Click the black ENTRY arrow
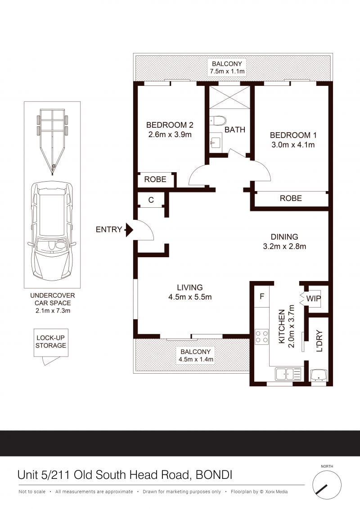tap(129, 230)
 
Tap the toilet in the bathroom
tap(218, 121)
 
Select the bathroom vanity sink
tap(216, 142)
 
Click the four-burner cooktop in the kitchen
tap(261, 336)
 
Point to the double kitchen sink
tap(288, 374)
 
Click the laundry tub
tap(319, 375)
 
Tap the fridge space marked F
tap(262, 296)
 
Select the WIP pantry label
tap(314, 298)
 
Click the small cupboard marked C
tap(151, 200)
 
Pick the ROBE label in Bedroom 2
tap(155, 179)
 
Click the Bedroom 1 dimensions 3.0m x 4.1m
tap(293, 145)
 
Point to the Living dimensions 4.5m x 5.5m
tap(190, 297)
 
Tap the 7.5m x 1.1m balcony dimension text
tap(227, 71)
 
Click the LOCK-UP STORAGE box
tap(51, 343)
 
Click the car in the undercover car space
tap(52, 231)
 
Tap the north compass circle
tap(327, 485)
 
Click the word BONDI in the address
tap(214, 475)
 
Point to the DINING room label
tap(284, 237)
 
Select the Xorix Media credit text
tap(276, 491)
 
